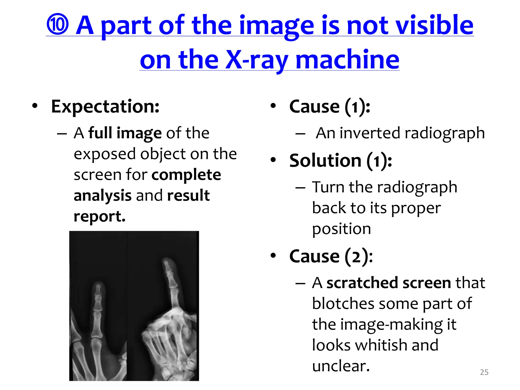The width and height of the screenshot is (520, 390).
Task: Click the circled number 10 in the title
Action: point(58,25)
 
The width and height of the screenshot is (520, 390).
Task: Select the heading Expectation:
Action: point(105,107)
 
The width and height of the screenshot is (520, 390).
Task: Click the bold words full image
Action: point(125,133)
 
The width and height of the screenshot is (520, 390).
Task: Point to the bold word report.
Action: point(100,216)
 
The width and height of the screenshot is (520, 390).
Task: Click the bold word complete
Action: point(186,175)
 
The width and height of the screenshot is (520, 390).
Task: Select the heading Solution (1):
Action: point(340,161)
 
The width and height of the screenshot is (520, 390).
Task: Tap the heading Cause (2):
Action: point(331,256)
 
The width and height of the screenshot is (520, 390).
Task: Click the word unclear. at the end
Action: point(341,366)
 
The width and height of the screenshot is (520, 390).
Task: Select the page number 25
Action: point(484,372)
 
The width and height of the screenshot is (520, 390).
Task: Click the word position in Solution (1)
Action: point(341,229)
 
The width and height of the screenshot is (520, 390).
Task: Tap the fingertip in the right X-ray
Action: point(167,262)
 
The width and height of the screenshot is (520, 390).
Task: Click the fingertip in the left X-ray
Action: point(98,285)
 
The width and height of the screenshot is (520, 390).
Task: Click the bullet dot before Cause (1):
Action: point(273,106)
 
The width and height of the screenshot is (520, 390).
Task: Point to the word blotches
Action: point(343,304)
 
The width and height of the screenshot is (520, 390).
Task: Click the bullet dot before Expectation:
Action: point(35,106)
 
